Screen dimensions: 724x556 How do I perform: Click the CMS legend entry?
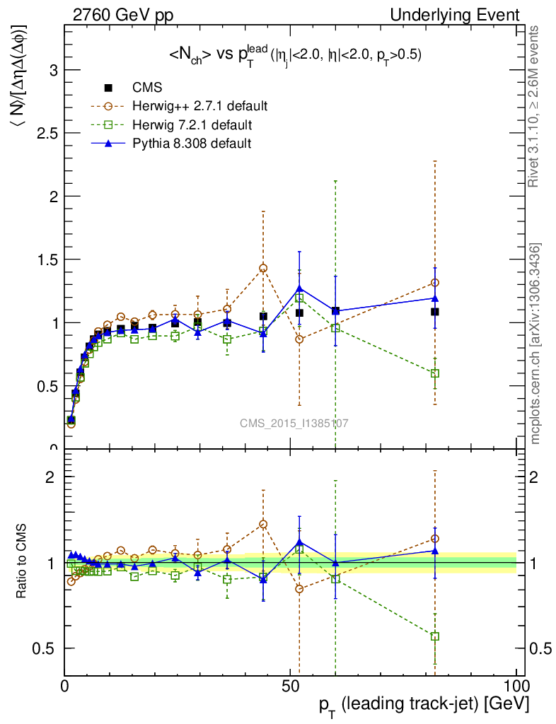147,88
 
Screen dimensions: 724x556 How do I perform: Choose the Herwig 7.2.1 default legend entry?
192,125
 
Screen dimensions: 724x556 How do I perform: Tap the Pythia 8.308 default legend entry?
192,144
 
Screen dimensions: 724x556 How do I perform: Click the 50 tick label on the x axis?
290,686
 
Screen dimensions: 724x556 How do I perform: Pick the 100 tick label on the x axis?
516,686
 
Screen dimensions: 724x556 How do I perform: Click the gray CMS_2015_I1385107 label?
294,423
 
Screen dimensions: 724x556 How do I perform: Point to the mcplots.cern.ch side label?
536,344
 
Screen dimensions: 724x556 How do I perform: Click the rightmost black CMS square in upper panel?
435,312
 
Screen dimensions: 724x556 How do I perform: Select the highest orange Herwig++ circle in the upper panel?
263,268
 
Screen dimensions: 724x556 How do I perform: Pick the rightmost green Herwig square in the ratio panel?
435,636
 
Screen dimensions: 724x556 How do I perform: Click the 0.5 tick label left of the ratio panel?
46,648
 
